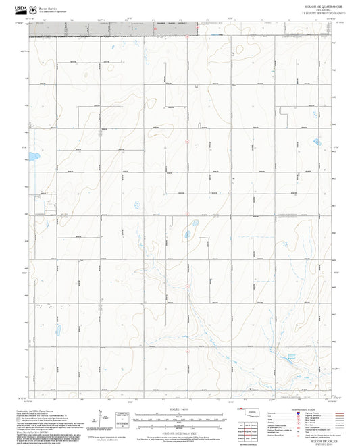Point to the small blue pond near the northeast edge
click(316, 142)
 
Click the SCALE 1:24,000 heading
click(179, 409)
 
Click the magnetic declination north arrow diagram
click(101, 419)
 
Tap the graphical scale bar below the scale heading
click(179, 417)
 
